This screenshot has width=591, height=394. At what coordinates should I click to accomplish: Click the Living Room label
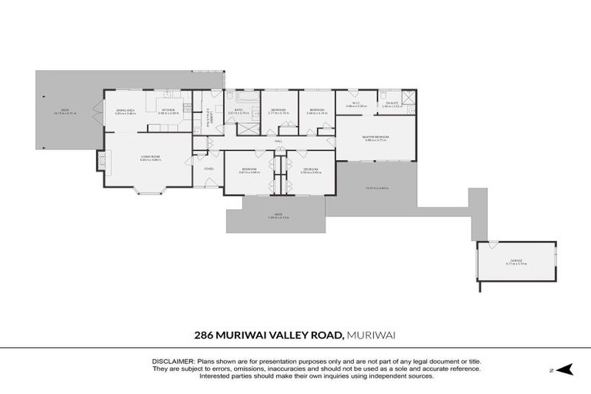click(149, 158)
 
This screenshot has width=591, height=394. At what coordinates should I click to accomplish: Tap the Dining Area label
click(125, 110)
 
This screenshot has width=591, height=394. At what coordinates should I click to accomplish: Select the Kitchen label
click(169, 110)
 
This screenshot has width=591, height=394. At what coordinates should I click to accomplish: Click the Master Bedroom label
click(376, 138)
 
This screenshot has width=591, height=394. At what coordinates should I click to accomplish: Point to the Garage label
click(516, 261)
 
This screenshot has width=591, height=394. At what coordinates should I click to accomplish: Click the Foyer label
click(209, 169)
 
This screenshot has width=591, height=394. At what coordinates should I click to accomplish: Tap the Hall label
click(279, 142)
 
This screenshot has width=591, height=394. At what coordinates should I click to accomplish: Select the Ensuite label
click(392, 103)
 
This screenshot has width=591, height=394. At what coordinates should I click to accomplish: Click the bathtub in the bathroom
click(248, 98)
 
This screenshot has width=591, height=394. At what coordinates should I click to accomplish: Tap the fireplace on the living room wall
click(100, 159)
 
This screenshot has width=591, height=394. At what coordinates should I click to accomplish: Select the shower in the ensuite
click(409, 97)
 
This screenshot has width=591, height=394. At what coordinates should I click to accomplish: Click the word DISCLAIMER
click(173, 361)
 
